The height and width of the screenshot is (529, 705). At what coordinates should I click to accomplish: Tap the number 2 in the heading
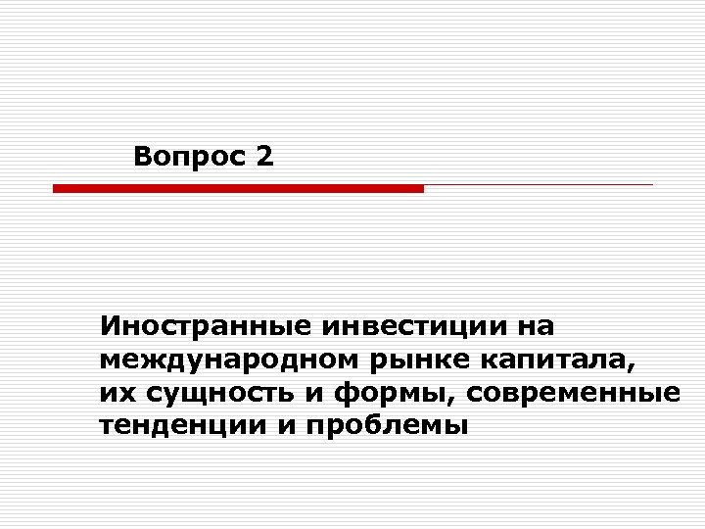click(262, 155)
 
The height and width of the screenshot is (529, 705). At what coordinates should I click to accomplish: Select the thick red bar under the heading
click(238, 188)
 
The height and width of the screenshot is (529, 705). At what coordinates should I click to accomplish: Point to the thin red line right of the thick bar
click(539, 184)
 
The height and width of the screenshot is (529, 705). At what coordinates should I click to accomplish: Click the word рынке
click(411, 360)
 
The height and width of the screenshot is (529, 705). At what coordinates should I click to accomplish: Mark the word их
click(114, 394)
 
